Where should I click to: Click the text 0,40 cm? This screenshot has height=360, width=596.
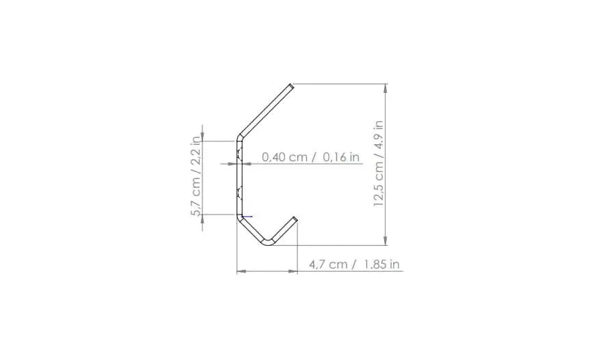[x=284, y=157]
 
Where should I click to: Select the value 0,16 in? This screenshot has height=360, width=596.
[x=341, y=157]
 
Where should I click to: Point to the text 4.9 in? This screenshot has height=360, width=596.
[x=379, y=137]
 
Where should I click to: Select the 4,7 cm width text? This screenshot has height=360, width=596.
[x=328, y=264]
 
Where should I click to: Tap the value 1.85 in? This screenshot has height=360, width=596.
[x=381, y=264]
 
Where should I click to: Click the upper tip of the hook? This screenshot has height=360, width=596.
[x=292, y=86]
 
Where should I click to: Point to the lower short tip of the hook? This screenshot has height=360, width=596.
[x=295, y=219]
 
